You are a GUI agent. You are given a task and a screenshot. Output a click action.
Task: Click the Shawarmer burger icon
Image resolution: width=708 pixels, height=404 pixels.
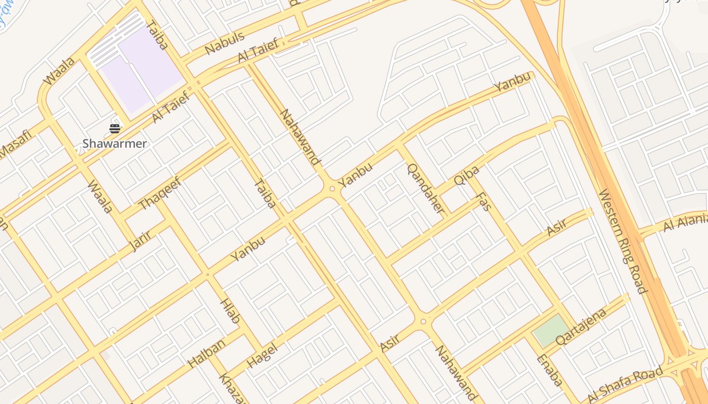115,129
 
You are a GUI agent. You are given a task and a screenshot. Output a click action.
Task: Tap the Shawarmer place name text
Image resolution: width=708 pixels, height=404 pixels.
115,144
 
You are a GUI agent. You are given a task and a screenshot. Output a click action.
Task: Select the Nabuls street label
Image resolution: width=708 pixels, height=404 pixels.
225,43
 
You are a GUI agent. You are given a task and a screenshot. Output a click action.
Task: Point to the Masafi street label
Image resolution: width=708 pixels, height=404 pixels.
16,144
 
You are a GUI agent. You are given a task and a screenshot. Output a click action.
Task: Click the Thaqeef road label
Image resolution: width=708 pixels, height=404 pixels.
160,193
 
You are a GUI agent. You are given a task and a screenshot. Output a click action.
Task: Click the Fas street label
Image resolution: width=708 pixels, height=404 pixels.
484,201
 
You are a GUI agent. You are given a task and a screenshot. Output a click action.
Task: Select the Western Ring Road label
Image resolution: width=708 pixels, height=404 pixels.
623,241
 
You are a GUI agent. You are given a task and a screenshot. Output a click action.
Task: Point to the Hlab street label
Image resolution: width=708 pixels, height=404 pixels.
230,311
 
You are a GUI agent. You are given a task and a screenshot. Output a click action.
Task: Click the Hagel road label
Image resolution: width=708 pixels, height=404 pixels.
263,356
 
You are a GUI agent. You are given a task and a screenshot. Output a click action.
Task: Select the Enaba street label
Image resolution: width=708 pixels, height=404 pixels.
549,370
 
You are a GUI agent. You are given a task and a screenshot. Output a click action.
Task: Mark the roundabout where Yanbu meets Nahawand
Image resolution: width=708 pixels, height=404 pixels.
332,189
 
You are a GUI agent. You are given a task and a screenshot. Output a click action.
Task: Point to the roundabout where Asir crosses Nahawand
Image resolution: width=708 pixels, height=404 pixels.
423,321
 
